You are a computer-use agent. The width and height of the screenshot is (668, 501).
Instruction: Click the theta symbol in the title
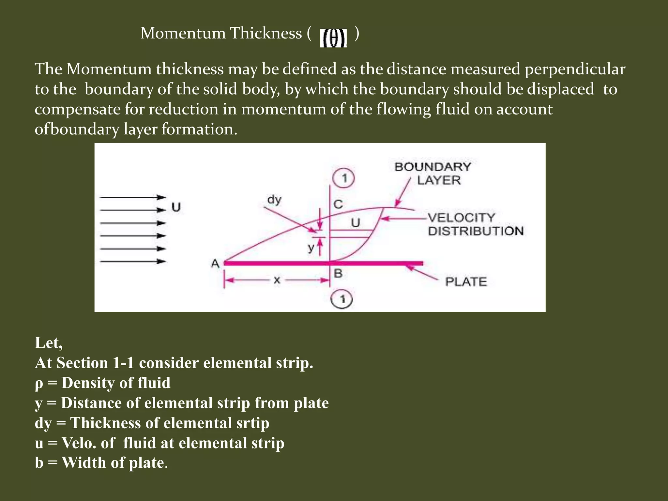[333, 38]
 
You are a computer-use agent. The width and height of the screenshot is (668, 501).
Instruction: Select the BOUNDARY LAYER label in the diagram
[433, 173]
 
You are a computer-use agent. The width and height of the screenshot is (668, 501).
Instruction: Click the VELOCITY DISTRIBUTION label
[476, 224]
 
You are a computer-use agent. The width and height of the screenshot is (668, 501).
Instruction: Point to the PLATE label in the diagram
[466, 281]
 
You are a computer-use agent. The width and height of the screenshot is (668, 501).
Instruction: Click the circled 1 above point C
[343, 178]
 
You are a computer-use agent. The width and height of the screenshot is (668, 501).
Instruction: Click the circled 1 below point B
[342, 299]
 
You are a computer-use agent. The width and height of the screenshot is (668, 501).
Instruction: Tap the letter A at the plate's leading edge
[215, 263]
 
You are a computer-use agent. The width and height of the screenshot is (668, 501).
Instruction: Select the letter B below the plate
[338, 274]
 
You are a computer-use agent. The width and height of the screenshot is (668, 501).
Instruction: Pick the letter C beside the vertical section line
[338, 205]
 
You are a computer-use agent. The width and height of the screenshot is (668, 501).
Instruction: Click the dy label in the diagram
[274, 199]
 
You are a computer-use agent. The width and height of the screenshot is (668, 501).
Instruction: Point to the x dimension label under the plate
[277, 280]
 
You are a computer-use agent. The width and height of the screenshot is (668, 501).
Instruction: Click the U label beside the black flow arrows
[176, 207]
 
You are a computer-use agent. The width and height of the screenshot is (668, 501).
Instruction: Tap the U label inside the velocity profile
[356, 223]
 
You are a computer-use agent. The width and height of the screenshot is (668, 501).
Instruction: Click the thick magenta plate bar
[323, 263]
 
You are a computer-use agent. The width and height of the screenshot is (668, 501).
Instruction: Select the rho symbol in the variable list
[38, 384]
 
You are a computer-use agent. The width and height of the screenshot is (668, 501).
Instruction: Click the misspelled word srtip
[251, 423]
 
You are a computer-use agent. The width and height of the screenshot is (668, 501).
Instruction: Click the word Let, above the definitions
[49, 343]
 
